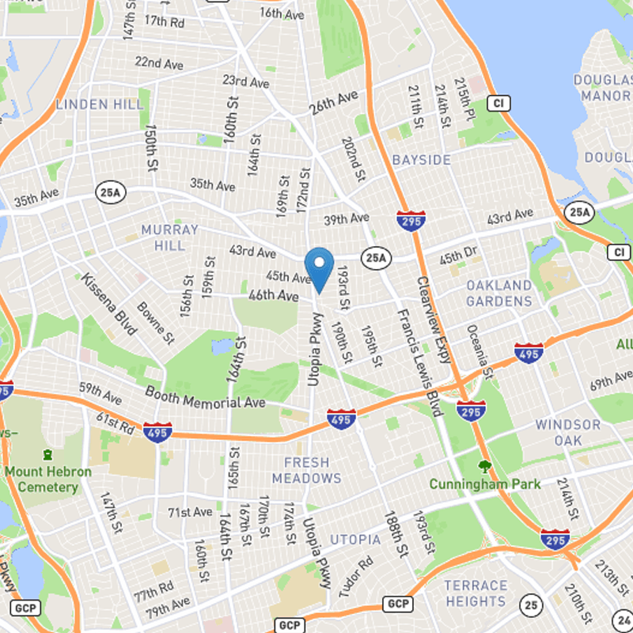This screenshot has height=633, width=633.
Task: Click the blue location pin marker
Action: pyautogui.click(x=319, y=267)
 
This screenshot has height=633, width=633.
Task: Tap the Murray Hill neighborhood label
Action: pyautogui.click(x=169, y=237)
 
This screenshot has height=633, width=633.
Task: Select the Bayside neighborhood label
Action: pyautogui.click(x=422, y=160)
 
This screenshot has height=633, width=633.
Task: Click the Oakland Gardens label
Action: pyautogui.click(x=498, y=293)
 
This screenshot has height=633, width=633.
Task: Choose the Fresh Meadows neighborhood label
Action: pyautogui.click(x=306, y=470)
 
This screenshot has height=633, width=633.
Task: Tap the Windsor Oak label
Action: pyautogui.click(x=568, y=432)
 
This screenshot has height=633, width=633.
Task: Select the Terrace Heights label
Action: pyautogui.click(x=476, y=593)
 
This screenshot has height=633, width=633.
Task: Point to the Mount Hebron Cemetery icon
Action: pyautogui.click(x=48, y=455)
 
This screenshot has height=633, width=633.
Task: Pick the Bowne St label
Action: pyautogui.click(x=155, y=323)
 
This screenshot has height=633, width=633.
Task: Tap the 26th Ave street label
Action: pyautogui.click(x=333, y=103)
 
